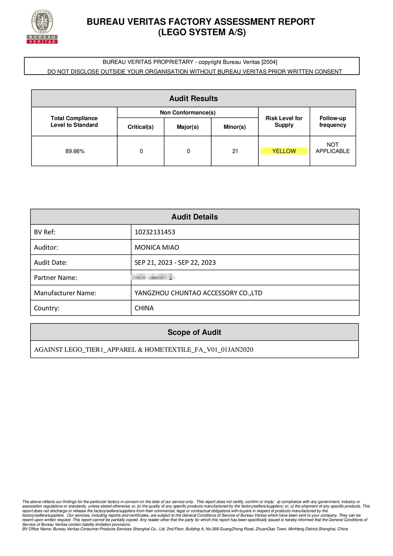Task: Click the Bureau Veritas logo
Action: (x=42, y=27)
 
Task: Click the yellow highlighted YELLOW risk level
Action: (x=284, y=151)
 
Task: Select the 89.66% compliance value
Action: (x=75, y=151)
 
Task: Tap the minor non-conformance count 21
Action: (x=235, y=151)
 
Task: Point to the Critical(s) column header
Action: (x=140, y=127)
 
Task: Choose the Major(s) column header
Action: (x=188, y=127)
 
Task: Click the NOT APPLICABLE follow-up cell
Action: (x=332, y=148)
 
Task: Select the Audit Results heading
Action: (x=194, y=98)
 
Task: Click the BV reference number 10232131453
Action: (x=155, y=232)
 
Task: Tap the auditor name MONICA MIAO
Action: (x=157, y=247)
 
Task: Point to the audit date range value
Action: (x=175, y=262)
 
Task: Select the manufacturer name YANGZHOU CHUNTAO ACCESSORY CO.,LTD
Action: (x=198, y=293)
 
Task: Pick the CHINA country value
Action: (x=144, y=308)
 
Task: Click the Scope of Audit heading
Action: (x=194, y=332)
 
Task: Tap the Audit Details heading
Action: (x=195, y=217)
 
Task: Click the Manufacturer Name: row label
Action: (x=65, y=293)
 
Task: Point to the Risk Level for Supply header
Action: (x=284, y=121)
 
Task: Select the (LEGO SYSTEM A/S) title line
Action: (x=202, y=32)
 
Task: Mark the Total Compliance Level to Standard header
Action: (x=74, y=121)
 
